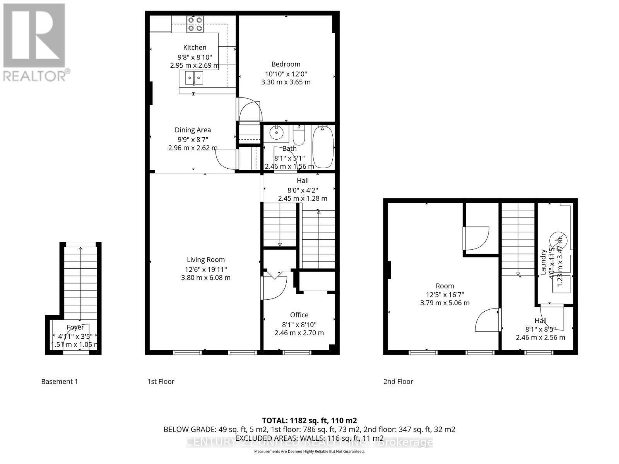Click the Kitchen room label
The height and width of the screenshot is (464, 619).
click(195, 47)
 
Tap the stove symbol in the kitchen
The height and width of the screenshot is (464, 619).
click(195, 24)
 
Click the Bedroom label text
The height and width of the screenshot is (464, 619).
click(286, 64)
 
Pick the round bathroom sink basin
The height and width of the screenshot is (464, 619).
click(277, 133)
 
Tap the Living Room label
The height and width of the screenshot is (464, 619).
click(205, 260)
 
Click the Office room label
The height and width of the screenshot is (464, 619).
click(299, 315)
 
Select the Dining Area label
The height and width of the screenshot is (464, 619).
click(193, 130)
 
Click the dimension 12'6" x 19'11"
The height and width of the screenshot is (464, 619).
click(205, 270)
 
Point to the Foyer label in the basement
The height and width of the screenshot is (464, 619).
click(75, 327)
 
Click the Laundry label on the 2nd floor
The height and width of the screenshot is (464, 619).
click(543, 262)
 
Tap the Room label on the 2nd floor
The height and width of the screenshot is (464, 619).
click(445, 286)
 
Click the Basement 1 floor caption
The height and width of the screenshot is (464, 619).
click(59, 382)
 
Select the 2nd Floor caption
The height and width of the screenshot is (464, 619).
click(398, 382)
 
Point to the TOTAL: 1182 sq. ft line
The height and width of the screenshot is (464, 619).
click(309, 420)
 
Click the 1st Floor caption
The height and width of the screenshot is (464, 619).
click(161, 382)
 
